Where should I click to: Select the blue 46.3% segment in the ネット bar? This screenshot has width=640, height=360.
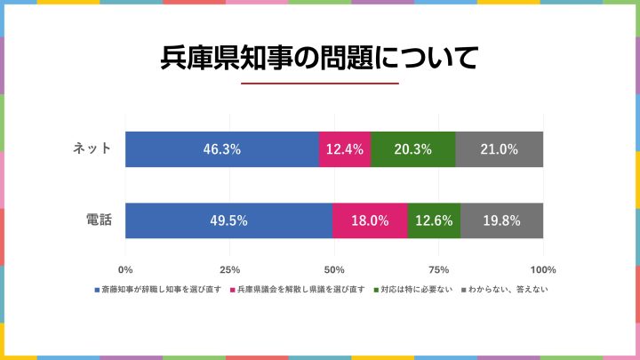[x=221, y=149]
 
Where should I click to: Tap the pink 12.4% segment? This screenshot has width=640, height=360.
[x=345, y=149]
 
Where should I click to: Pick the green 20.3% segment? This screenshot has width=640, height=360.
[x=413, y=149]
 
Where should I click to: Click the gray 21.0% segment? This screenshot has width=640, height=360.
[x=499, y=149]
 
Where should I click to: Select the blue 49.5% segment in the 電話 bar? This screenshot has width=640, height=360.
[x=228, y=220]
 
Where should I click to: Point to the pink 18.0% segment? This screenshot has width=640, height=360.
[x=370, y=220]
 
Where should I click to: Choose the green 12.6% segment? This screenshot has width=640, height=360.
[x=434, y=220]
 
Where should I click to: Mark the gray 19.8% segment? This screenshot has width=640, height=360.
[x=501, y=220]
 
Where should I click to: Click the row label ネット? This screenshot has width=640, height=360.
[x=92, y=148]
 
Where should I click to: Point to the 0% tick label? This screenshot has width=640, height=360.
[x=125, y=269]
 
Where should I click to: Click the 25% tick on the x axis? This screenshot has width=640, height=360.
[x=229, y=269]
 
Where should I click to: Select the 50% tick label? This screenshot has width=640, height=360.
[x=334, y=269]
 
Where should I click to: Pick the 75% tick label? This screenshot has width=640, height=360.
[x=438, y=269]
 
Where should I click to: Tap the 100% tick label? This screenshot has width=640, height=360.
[x=542, y=269]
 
